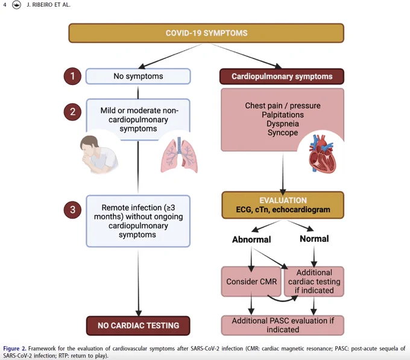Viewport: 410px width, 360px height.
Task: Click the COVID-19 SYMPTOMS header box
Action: pyautogui.click(x=206, y=33)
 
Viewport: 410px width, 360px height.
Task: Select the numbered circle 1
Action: pyautogui.click(x=72, y=77)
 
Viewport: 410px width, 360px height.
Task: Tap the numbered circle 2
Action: pyautogui.click(x=72, y=112)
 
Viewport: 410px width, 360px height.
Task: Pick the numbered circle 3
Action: pyautogui.click(x=72, y=210)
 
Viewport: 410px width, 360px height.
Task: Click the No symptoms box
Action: pyautogui.click(x=138, y=77)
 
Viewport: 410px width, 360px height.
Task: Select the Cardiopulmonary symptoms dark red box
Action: pyautogui.click(x=282, y=77)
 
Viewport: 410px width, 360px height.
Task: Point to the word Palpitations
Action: pyautogui.click(x=283, y=115)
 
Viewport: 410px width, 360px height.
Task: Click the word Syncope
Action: pyautogui.click(x=283, y=133)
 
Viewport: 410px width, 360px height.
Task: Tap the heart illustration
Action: pyautogui.click(x=321, y=154)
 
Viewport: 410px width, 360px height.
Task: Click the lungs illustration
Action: pyautogui.click(x=179, y=155)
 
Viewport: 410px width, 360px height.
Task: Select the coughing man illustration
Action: pyautogui.click(x=99, y=154)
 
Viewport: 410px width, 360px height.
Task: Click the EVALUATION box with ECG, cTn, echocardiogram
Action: pyautogui.click(x=283, y=205)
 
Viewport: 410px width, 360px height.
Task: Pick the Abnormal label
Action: pyautogui.click(x=251, y=239)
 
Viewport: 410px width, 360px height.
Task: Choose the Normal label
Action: pyautogui.click(x=314, y=239)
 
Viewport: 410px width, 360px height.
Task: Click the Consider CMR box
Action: pyautogui.click(x=251, y=282)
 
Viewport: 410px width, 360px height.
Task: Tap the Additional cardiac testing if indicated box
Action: pyautogui.click(x=314, y=282)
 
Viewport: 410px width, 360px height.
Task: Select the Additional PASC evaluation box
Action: pyautogui.click(x=283, y=325)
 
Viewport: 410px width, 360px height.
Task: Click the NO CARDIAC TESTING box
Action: pyautogui.click(x=138, y=326)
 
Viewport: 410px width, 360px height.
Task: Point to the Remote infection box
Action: pyautogui.click(x=138, y=221)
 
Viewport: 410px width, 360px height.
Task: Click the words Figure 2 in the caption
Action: pyautogui.click(x=14, y=349)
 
